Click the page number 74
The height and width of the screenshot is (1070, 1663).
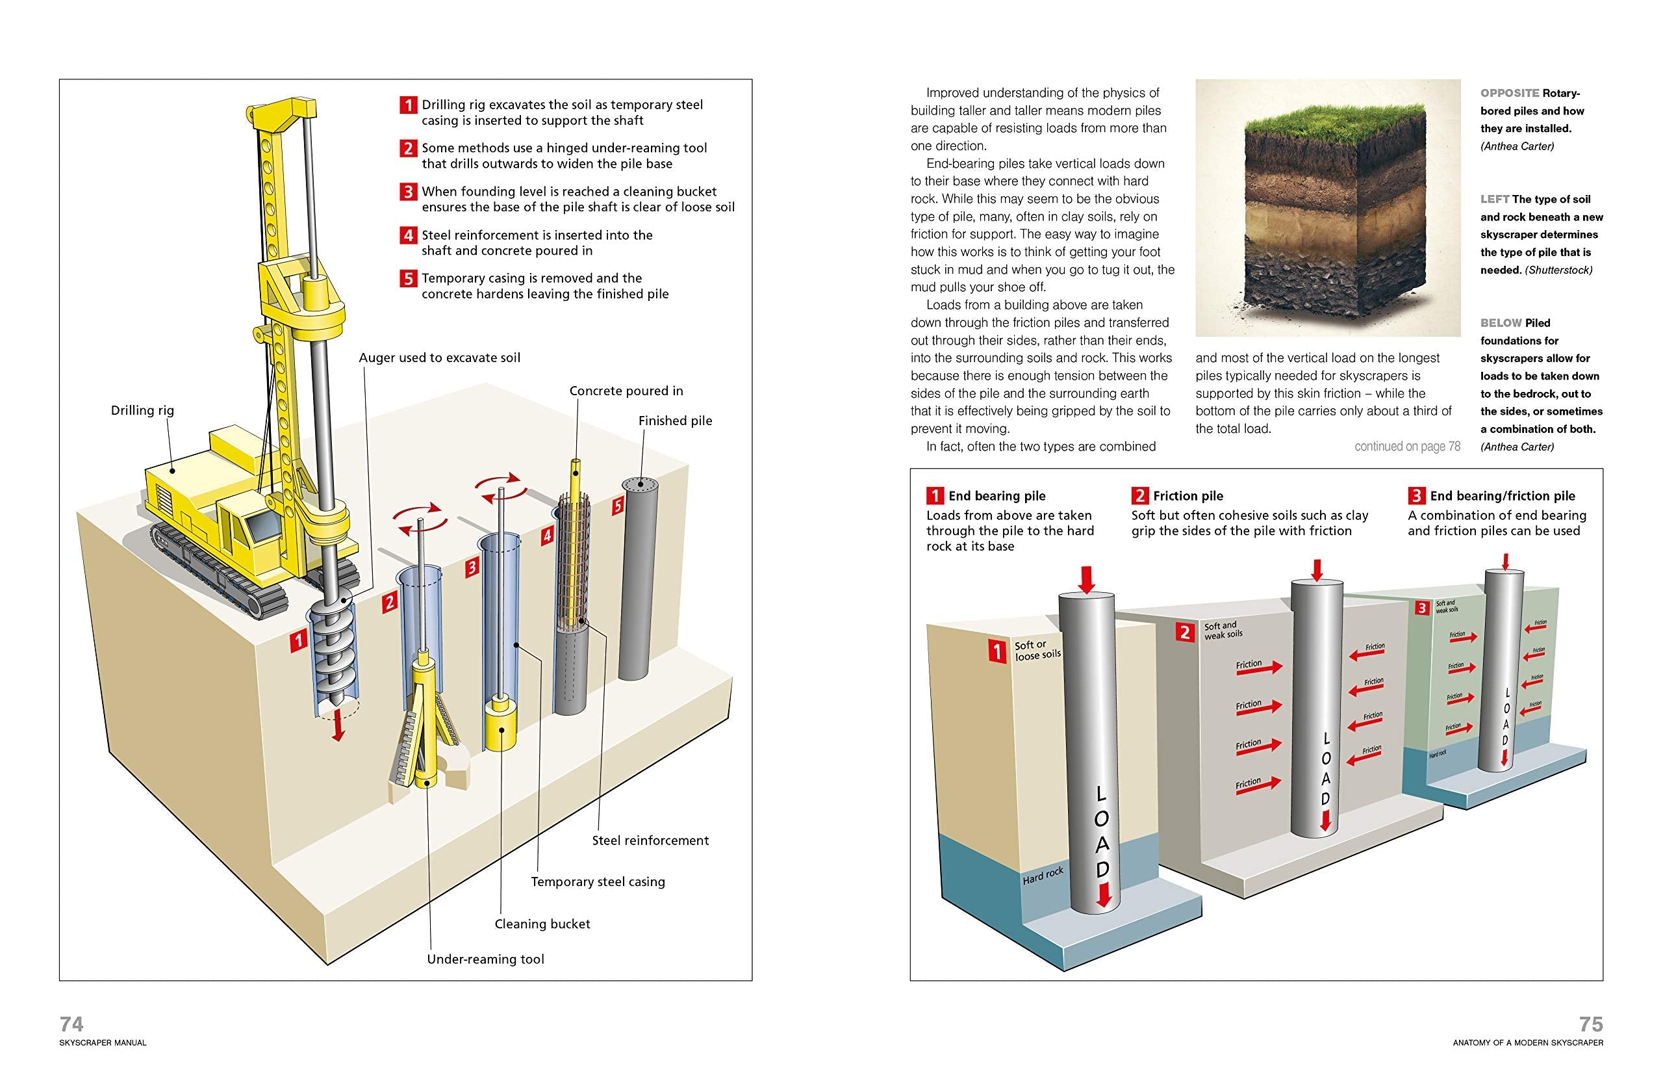pos(71,1023)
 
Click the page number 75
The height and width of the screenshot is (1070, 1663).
pos(1591,1023)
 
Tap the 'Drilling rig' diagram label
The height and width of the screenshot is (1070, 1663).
pos(142,410)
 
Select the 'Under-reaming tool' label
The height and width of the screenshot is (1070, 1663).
pos(485,959)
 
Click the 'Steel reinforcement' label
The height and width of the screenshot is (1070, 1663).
pos(650,840)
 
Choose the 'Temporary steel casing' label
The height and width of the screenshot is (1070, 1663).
pos(597,881)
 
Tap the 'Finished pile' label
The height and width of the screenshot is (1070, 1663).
pos(675,421)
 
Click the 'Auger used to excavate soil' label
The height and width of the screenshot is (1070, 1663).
pos(439,357)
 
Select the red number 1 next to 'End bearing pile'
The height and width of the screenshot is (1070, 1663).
pos(935,495)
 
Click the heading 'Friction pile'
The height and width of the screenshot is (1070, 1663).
pos(1187,495)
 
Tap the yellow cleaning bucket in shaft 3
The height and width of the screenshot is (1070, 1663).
pos(501,725)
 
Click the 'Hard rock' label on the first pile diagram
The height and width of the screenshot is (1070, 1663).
pos(1043,876)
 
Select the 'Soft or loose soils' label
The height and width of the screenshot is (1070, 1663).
pos(1037,650)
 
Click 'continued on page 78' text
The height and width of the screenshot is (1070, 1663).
pos(1407,446)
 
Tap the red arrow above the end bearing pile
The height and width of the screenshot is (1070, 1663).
pos(1087,578)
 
